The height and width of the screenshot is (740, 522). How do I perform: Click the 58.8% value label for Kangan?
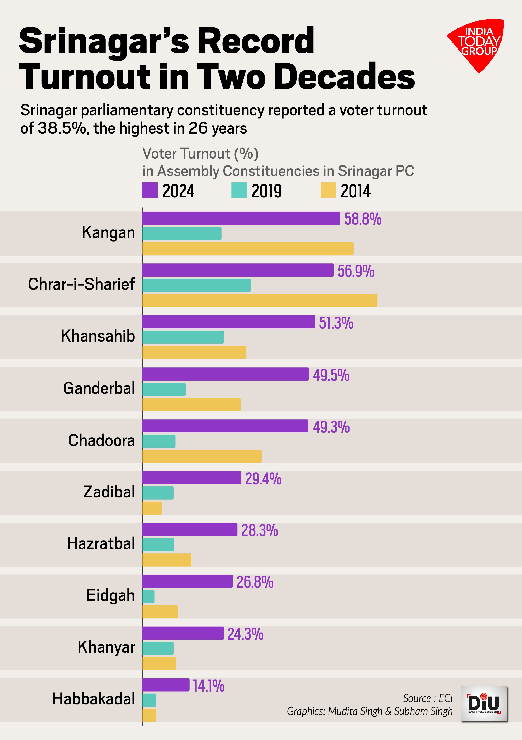tap(363, 219)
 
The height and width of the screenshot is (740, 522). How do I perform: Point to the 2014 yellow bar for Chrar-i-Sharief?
tap(260, 300)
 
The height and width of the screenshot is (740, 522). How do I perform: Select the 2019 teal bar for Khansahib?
tap(183, 337)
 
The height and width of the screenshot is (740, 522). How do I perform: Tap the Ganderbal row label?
tap(99, 388)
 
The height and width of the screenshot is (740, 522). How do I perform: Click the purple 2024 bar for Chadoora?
tap(225, 426)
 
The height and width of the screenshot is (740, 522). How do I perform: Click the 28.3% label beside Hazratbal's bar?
tap(260, 530)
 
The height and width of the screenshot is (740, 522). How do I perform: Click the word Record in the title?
tap(256, 41)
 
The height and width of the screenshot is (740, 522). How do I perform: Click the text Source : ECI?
tap(428, 698)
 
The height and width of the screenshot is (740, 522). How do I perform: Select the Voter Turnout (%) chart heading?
tap(200, 154)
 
